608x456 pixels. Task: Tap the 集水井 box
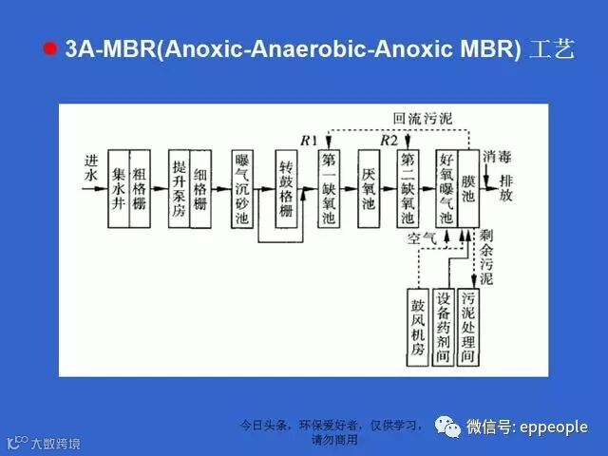tap(118, 188)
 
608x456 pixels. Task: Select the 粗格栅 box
tap(139, 188)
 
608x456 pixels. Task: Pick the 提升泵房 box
tap(179, 188)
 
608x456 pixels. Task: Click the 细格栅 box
tap(200, 188)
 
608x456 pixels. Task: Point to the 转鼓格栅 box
tap(286, 188)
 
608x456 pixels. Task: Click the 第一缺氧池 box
tap(329, 188)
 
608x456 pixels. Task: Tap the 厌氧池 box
tap(370, 188)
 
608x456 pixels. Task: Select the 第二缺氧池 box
tap(408, 188)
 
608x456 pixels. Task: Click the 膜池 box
tap(468, 188)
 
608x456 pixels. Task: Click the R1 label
tap(308, 141)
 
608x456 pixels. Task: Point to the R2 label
tap(388, 141)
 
